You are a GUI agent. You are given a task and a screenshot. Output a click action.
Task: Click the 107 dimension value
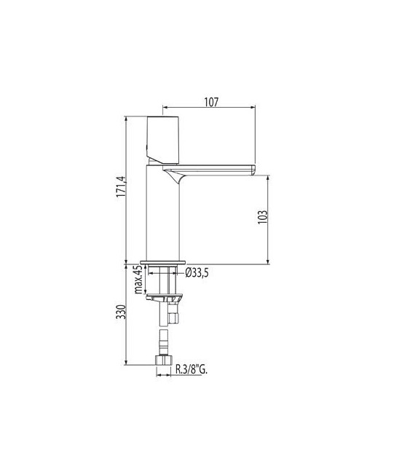pyautogui.click(x=210, y=103)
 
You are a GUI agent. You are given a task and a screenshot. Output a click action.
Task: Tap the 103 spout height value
pyautogui.click(x=263, y=218)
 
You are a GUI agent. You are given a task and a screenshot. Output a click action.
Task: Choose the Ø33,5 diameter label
pyautogui.click(x=198, y=272)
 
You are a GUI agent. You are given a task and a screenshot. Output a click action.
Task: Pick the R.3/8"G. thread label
pyautogui.click(x=191, y=370)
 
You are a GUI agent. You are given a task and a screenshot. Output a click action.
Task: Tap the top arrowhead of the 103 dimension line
pyautogui.click(x=269, y=177)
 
